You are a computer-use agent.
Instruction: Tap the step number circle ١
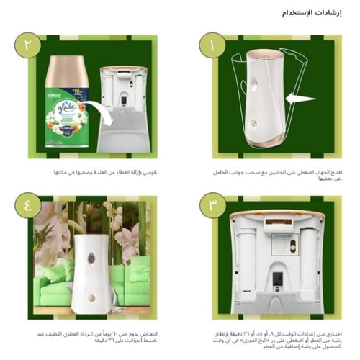click(x=212, y=48)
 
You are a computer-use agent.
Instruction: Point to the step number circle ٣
click(x=212, y=204)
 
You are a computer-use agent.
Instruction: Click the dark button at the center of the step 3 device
click(x=277, y=276)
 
